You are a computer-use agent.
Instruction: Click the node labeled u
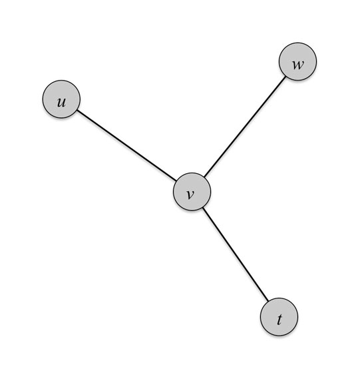tap(61, 99)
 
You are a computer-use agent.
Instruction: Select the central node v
tap(192, 192)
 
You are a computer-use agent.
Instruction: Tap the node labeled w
tap(297, 61)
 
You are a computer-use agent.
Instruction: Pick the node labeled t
tap(279, 316)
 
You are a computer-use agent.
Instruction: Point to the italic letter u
tap(61, 103)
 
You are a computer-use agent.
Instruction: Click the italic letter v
tap(190, 194)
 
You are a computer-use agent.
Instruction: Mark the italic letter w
tap(298, 65)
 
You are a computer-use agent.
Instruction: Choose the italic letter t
tap(279, 320)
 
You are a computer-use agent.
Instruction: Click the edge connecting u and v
tap(126, 145)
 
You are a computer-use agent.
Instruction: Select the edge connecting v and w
tap(245, 127)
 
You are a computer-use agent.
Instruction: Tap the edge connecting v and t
tap(236, 254)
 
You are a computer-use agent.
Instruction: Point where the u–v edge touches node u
tap(77, 110)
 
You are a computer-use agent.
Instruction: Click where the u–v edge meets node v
tap(176, 181)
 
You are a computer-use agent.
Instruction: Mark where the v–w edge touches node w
tap(285, 77)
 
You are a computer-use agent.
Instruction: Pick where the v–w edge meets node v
tap(204, 177)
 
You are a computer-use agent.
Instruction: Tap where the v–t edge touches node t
tap(268, 301)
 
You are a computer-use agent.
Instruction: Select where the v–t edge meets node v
tap(203, 207)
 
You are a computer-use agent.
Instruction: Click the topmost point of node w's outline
tap(297, 43)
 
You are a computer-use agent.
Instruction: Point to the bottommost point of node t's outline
tap(279, 336)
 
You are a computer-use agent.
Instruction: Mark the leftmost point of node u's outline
tap(43, 99)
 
